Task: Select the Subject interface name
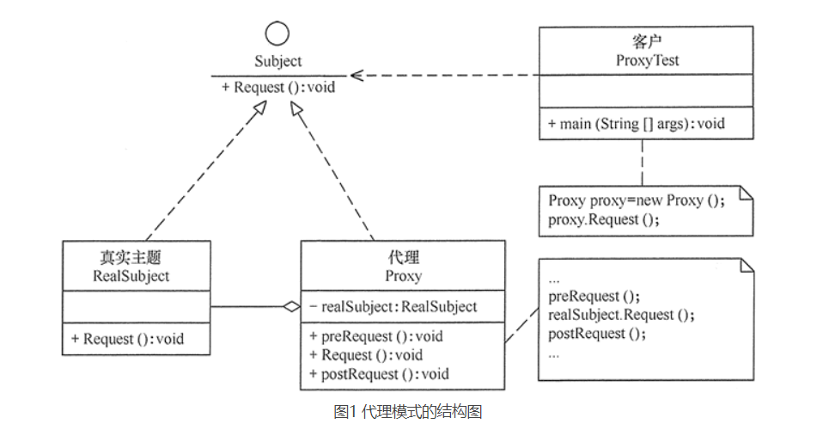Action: coord(278,61)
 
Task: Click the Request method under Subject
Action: coord(278,87)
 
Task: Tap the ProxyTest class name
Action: coord(647,60)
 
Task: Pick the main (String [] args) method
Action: coord(636,123)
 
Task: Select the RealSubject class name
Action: coord(131,276)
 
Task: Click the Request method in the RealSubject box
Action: coord(127,338)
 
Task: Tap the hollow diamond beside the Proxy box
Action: coord(291,307)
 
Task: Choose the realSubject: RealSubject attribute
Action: coord(393,307)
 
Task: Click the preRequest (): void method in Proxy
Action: coord(376,336)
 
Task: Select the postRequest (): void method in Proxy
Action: coord(379,374)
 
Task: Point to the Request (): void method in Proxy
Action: coord(366,355)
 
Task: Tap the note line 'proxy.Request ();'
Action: coord(604,219)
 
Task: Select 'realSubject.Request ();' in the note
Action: coord(621,315)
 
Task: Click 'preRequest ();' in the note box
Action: coord(594,296)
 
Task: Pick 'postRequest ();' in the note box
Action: coord(597,334)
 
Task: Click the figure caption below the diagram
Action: coord(408,411)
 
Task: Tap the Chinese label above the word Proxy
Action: coord(404,258)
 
